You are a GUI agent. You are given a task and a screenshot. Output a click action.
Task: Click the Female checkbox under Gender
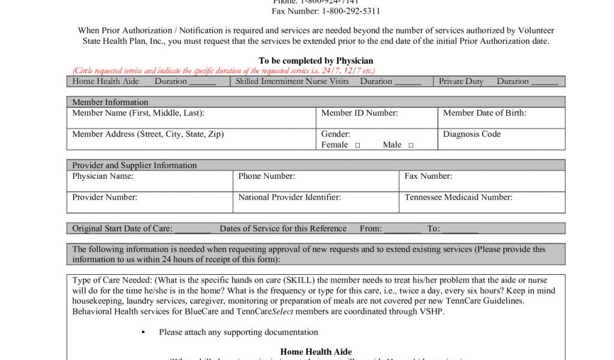tap(357, 145)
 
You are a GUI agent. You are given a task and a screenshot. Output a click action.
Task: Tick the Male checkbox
tap(411, 145)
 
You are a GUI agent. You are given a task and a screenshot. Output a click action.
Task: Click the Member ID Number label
tap(359, 113)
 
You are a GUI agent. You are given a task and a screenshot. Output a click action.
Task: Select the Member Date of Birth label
tap(484, 113)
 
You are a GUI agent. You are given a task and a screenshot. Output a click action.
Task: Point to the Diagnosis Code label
tap(471, 134)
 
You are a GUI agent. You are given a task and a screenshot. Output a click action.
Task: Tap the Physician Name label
tap(103, 176)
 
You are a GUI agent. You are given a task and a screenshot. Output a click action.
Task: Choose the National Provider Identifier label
tap(290, 197)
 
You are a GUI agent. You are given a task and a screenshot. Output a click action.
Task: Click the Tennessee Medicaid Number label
tap(458, 197)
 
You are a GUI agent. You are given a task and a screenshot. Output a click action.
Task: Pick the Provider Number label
tap(104, 197)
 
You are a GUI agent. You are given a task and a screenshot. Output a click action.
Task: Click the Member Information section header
tap(110, 103)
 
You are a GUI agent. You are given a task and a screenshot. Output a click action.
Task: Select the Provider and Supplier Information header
tap(134, 166)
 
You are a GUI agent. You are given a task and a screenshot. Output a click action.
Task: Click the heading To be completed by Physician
tap(315, 61)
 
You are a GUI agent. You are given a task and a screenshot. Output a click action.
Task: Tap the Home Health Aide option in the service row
tap(106, 82)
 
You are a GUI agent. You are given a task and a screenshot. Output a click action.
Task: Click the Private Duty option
tap(460, 82)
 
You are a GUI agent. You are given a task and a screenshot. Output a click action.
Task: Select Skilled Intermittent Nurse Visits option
tap(292, 82)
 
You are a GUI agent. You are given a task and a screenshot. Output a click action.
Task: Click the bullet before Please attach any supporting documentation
tap(143, 332)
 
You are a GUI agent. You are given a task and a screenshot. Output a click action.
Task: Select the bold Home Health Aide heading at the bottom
tap(315, 352)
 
